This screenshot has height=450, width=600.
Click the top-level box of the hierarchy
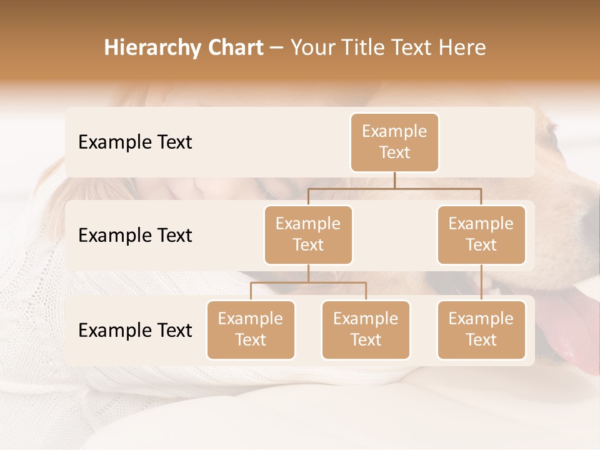394,142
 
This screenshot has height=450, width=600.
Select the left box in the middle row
308,235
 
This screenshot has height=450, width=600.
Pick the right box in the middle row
481,235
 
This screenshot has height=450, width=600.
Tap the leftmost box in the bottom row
251,330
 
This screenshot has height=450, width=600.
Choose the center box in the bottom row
366,330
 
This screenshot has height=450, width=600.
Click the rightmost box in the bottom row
481,330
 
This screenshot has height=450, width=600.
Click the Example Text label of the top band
135,142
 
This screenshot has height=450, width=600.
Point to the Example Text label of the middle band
135,236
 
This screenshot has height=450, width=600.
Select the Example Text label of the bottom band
135,331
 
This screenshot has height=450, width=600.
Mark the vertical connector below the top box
394,180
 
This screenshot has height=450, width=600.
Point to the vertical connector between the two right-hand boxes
481,282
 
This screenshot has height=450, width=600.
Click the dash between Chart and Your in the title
276,49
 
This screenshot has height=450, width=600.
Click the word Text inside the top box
394,153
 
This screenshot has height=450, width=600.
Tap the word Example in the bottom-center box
366,319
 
